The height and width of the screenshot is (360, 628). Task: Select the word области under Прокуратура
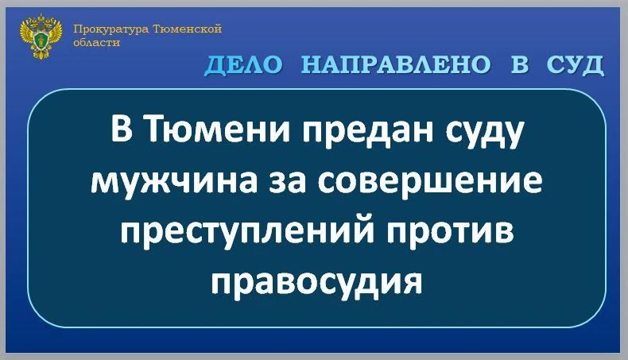[96, 43]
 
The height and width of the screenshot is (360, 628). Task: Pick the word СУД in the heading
[576, 66]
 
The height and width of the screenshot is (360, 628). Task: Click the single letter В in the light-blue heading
[519, 66]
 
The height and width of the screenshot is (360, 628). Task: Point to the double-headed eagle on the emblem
[39, 35]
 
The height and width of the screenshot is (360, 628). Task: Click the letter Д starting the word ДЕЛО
[215, 67]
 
